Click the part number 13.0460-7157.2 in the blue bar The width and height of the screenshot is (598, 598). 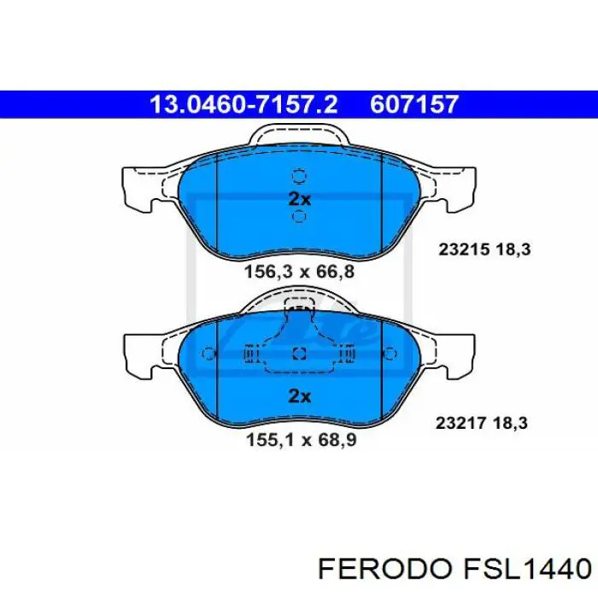click(243, 105)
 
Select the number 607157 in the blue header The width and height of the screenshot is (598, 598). click(414, 105)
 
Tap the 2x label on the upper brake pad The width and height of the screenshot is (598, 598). click(298, 198)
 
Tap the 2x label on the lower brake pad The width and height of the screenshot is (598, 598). click(298, 396)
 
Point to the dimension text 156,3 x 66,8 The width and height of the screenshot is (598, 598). click(298, 272)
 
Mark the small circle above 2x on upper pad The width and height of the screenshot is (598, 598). click(298, 177)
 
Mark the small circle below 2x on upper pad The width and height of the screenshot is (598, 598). click(298, 217)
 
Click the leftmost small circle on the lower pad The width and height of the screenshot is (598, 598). click(207, 355)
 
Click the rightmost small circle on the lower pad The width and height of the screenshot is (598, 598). click(390, 355)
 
